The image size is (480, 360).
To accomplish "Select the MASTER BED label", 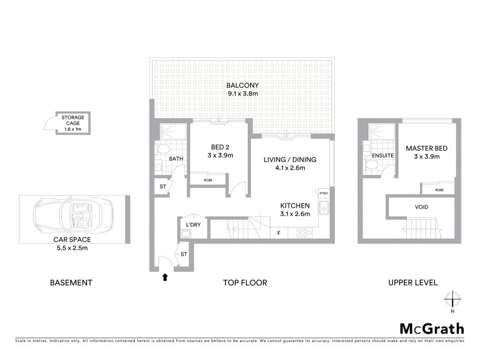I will point(427,148).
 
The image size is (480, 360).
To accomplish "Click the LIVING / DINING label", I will point(290,160).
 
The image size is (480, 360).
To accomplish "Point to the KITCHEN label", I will point(295,205).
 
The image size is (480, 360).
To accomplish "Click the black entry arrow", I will point(165,277).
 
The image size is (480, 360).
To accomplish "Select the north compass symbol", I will point(453,299).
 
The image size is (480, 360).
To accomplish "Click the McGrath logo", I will point(431,328).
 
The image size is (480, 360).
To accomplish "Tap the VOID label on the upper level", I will point(421,207).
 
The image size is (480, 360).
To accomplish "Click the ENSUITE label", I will point(383,156).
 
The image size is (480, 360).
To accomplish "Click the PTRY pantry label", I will point(323,193).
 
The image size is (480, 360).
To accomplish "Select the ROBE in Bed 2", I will point(208,179).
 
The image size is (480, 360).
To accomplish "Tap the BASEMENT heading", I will point(71,283).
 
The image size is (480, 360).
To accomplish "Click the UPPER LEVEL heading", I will point(412,283).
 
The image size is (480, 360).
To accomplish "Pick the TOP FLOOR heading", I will point(246,283).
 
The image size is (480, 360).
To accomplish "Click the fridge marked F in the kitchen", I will point(278,232).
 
